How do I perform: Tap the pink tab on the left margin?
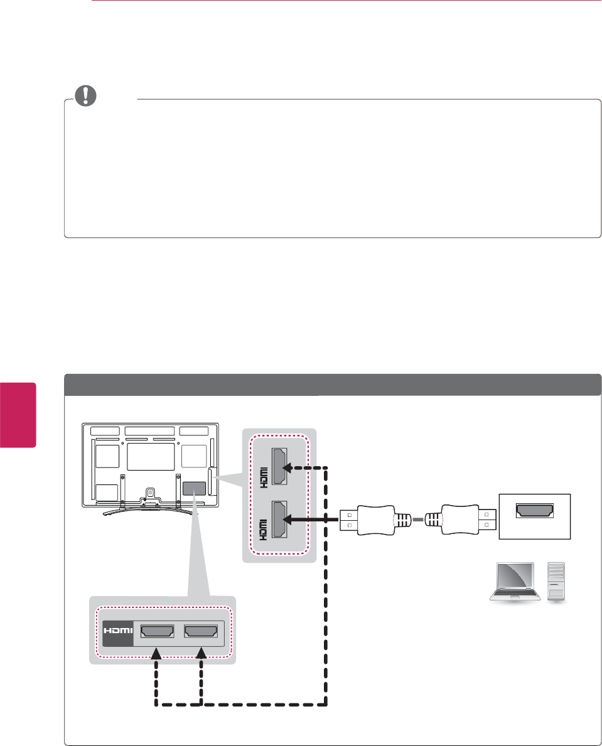18,414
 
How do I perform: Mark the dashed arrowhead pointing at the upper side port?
290,467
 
